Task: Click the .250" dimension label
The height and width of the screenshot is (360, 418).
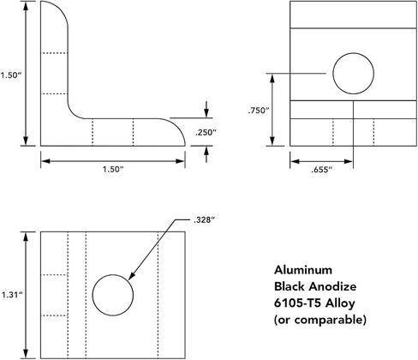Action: [x=206, y=133]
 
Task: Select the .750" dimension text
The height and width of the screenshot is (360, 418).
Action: [x=259, y=111]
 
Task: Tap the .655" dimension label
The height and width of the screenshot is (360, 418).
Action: [x=322, y=170]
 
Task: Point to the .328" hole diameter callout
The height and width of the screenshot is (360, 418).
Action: [x=204, y=220]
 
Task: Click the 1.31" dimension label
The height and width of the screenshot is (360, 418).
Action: [x=12, y=295]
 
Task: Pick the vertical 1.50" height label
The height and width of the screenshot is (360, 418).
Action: [x=11, y=75]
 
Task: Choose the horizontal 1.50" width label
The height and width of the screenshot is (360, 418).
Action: [x=113, y=169]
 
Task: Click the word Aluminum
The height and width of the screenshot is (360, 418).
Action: [x=303, y=270]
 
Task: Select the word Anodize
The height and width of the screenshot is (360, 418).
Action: [x=332, y=286]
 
